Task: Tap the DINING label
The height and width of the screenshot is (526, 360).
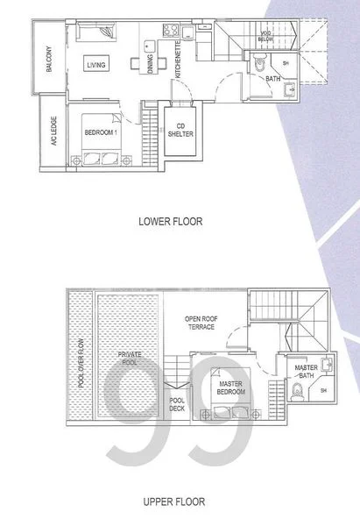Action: (x=151, y=64)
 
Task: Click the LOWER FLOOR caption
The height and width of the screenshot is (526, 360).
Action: (x=171, y=222)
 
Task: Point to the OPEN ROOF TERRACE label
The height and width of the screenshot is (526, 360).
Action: (x=201, y=323)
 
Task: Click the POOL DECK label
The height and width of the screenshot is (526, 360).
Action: (x=176, y=405)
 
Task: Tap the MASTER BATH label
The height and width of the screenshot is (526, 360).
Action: (x=306, y=371)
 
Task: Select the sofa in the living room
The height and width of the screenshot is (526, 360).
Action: (x=95, y=34)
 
